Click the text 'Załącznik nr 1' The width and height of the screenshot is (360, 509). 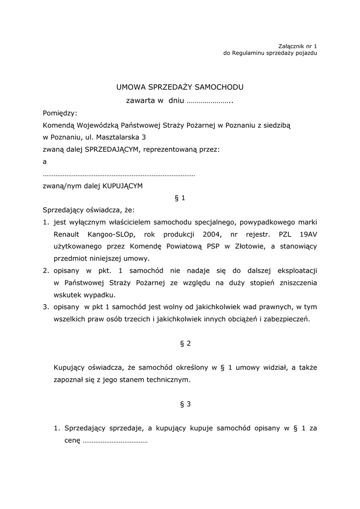point(297,46)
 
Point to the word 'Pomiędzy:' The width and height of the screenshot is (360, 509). point(60,113)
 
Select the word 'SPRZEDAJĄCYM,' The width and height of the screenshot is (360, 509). point(113,149)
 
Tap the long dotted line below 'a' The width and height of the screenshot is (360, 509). point(119,174)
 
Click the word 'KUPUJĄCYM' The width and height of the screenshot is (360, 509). point(122,186)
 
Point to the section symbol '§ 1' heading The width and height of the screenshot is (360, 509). point(180,198)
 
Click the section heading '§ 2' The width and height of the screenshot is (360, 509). point(185,343)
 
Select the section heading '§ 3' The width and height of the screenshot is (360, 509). point(185,404)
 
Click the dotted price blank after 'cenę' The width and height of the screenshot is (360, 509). point(115,440)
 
